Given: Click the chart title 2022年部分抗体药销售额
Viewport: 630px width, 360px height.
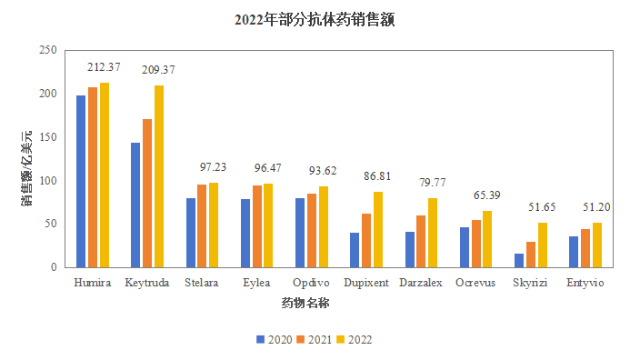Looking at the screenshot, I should click(x=315, y=18).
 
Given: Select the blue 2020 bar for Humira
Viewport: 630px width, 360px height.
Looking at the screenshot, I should click(x=81, y=182).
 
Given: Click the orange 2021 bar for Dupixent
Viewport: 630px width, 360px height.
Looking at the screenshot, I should click(x=366, y=241).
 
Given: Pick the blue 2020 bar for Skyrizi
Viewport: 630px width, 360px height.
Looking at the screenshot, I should click(x=519, y=261).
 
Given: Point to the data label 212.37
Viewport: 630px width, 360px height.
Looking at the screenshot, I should click(x=105, y=66).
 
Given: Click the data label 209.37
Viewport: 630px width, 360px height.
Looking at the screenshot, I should click(x=158, y=69).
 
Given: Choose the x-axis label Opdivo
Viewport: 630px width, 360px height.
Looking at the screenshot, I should click(x=311, y=283).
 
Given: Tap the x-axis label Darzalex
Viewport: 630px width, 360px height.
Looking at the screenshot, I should click(x=421, y=283).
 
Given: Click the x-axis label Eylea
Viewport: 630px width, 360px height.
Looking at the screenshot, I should click(x=256, y=283).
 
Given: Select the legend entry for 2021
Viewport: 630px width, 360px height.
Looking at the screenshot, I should click(x=314, y=340).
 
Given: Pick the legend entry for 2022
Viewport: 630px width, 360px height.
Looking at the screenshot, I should click(x=355, y=340).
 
